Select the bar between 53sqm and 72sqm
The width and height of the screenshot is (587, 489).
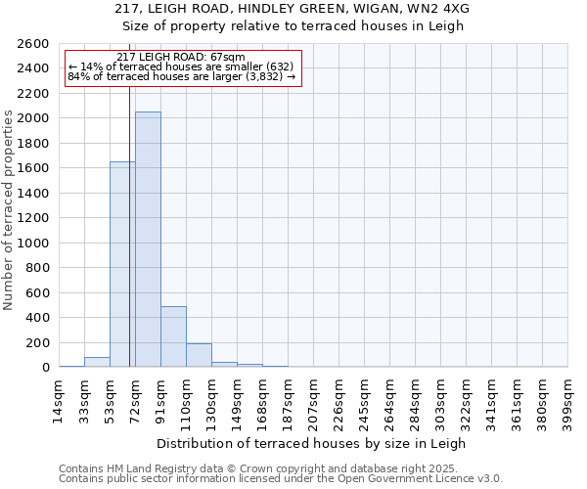pyautogui.click(x=122, y=264)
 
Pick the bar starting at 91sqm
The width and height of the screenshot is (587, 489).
pyautogui.click(x=173, y=336)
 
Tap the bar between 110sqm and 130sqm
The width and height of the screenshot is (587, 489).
pyautogui.click(x=199, y=355)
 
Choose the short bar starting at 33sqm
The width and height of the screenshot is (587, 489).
pyautogui.click(x=97, y=362)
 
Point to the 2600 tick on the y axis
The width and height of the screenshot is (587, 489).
pyautogui.click(x=34, y=44)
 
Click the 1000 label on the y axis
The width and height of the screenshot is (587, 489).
pyautogui.click(x=34, y=244)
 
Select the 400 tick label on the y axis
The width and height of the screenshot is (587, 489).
pyautogui.click(x=38, y=318)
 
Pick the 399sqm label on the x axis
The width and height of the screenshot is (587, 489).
pyautogui.click(x=567, y=401)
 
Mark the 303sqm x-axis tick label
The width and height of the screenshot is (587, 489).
pyautogui.click(x=440, y=401)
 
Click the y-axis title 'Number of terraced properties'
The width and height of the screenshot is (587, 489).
pyautogui.click(x=9, y=210)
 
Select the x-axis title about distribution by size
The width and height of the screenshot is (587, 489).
pyautogui.click(x=312, y=443)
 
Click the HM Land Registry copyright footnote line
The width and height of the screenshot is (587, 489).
pyautogui.click(x=280, y=468)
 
